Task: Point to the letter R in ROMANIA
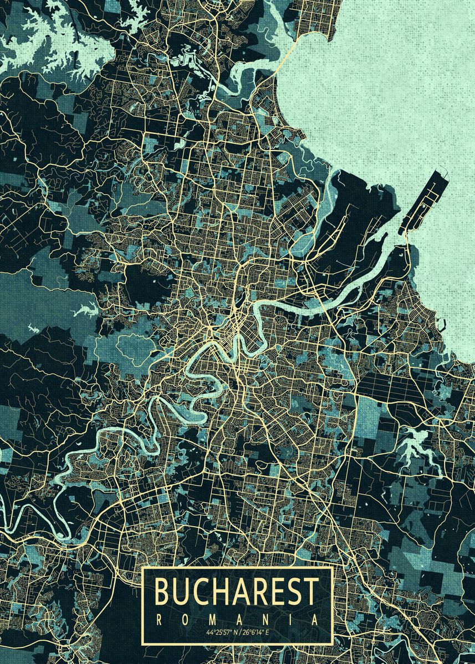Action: click(157, 620)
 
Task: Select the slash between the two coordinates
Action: click(239, 632)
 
